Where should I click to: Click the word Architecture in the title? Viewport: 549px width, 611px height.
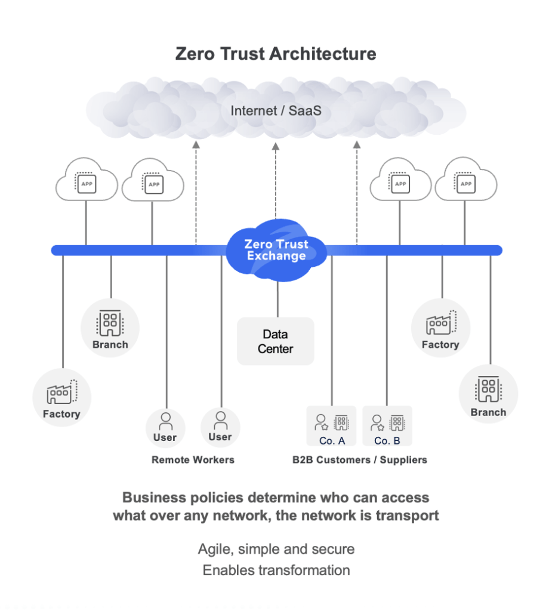[x=323, y=54]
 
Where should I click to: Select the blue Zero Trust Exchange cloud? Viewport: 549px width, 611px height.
[x=276, y=251]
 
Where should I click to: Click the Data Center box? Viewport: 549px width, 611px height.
[x=275, y=341]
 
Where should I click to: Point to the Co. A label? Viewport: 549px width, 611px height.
[x=332, y=441]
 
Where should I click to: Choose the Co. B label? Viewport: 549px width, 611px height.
[x=387, y=441]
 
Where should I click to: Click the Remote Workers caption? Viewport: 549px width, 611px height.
[x=193, y=459]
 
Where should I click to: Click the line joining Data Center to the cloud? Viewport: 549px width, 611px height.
[x=277, y=299]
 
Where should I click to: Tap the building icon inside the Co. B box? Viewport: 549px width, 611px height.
[x=397, y=422]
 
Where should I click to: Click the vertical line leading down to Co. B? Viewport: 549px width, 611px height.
[x=387, y=334]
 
